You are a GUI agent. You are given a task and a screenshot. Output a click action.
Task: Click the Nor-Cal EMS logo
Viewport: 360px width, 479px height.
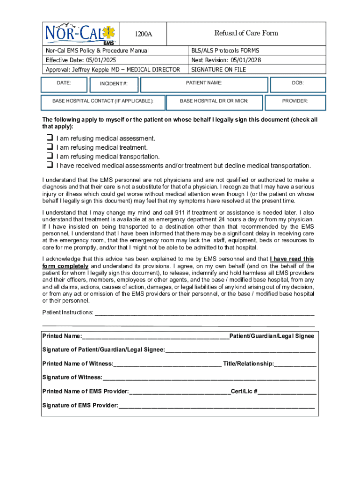click(81, 34)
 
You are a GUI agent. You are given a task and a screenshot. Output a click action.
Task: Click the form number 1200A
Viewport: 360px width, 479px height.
click(144, 34)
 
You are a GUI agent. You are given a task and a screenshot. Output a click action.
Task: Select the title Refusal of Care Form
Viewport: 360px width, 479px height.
click(246, 33)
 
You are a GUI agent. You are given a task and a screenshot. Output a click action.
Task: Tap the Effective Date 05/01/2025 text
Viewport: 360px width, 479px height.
click(81, 60)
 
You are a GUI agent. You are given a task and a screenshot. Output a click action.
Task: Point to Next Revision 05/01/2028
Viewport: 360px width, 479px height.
click(226, 60)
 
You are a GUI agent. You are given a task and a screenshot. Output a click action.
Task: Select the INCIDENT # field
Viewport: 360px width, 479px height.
click(113, 84)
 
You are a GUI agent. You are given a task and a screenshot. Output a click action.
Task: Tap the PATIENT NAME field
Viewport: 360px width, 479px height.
click(204, 84)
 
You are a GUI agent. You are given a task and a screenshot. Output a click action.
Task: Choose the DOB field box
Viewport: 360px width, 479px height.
click(297, 84)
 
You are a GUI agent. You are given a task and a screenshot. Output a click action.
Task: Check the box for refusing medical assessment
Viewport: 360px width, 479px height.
click(49, 138)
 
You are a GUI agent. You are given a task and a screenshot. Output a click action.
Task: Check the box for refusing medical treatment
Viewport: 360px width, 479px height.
click(49, 147)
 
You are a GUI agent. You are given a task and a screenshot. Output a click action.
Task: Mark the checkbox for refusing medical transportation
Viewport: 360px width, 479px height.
click(49, 156)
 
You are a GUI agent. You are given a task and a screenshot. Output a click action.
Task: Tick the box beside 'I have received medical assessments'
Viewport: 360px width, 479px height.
click(49, 165)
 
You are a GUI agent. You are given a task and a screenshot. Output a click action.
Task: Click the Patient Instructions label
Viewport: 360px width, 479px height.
click(68, 312)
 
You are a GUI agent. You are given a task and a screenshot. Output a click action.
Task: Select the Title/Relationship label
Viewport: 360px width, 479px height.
click(249, 363)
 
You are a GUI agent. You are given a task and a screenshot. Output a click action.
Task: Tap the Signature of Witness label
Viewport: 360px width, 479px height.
click(72, 377)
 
